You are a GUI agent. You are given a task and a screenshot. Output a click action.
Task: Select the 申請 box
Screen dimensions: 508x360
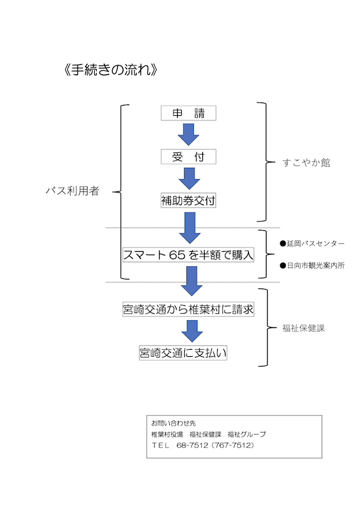188,113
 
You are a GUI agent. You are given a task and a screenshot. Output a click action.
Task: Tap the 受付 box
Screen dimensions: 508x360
188,157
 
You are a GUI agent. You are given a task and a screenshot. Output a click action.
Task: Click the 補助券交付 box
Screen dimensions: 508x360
188,201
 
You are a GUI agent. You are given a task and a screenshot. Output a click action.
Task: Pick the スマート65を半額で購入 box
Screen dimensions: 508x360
188,254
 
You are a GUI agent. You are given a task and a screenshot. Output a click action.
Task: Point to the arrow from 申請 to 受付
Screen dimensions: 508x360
188,134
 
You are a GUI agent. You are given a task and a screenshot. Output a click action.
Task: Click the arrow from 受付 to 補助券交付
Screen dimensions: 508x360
188,178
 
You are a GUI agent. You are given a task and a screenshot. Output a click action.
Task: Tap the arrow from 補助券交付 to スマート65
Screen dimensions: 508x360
188,227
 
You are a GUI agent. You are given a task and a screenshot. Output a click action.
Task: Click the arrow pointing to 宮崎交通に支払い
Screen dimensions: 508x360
188,331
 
